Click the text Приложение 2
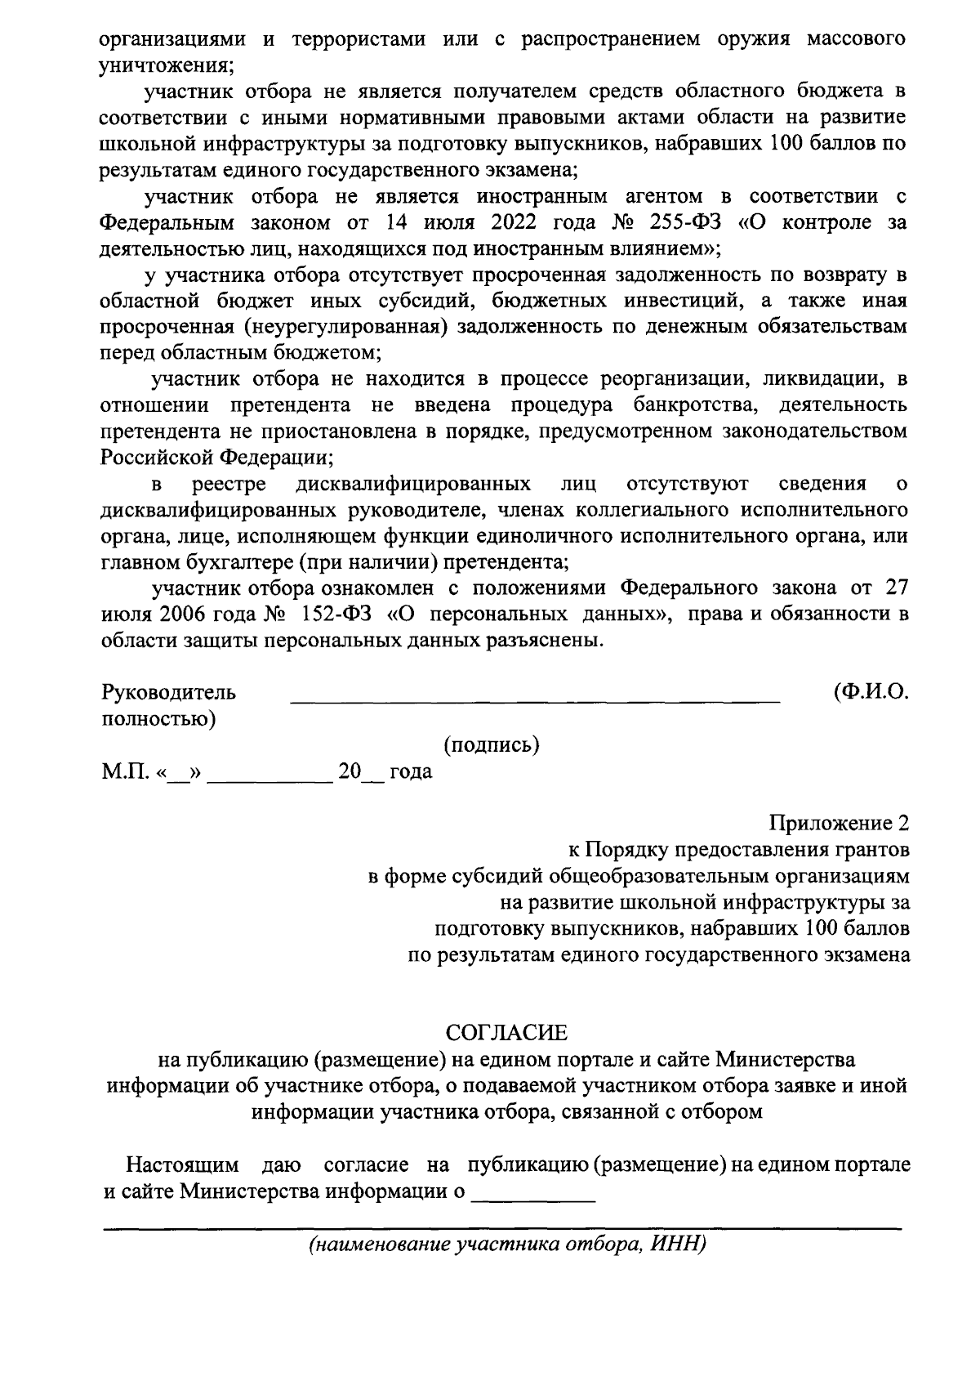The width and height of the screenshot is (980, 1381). [839, 822]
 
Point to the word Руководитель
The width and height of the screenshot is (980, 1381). [169, 692]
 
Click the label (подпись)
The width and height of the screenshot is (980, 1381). [492, 744]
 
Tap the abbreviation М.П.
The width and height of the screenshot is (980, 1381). [122, 771]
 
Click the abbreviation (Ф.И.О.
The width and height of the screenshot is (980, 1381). [871, 692]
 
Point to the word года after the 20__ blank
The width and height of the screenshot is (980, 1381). [411, 771]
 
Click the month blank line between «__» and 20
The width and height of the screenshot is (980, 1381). [269, 780]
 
